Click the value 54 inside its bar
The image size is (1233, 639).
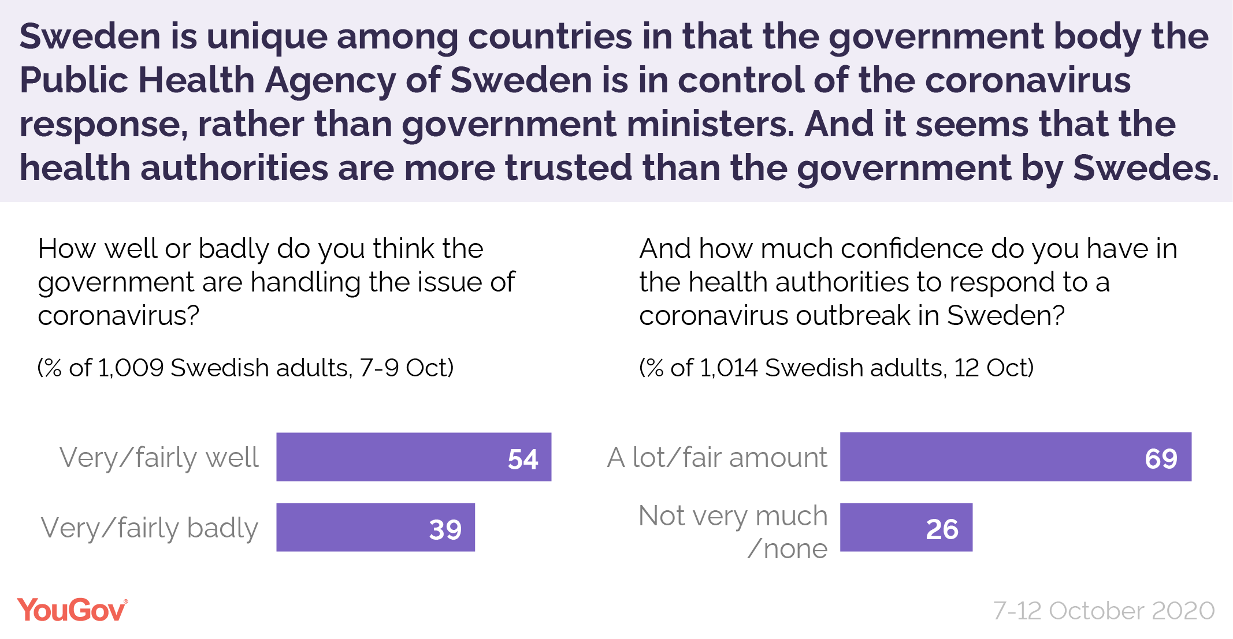(x=523, y=459)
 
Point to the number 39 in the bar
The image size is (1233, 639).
(x=445, y=529)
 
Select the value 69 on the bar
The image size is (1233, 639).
(x=1161, y=459)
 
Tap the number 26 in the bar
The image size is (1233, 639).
(x=942, y=529)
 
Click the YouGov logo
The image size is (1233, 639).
(x=72, y=610)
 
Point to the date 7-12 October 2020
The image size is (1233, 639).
(x=1104, y=611)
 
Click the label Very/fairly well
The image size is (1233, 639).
(x=159, y=458)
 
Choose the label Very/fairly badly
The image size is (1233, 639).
(x=149, y=528)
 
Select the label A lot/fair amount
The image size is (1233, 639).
(x=717, y=458)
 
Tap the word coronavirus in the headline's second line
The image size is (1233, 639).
(x=1028, y=80)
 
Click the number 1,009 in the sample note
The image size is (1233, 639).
(x=131, y=368)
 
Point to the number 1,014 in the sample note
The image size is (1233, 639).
(x=728, y=368)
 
